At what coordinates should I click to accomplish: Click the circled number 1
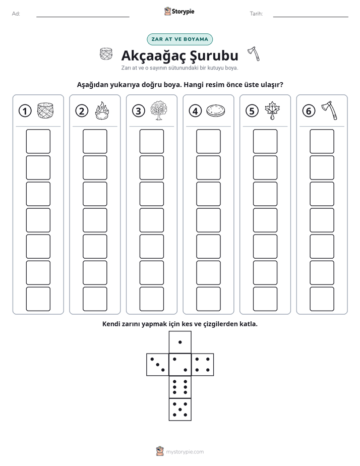(x=25, y=111)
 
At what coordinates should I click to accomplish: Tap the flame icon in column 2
(x=102, y=110)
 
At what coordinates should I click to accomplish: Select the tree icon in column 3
(x=159, y=110)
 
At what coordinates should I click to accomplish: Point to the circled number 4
(x=195, y=111)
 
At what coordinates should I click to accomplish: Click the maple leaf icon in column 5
(x=272, y=110)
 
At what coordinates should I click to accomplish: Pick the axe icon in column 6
(x=329, y=110)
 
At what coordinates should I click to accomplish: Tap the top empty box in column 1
(x=38, y=141)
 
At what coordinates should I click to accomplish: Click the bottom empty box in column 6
(x=322, y=299)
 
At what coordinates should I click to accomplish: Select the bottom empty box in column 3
(x=152, y=299)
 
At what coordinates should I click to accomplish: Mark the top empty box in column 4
(x=209, y=141)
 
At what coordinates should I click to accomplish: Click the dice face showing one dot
(x=180, y=342)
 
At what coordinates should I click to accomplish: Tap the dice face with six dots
(x=180, y=387)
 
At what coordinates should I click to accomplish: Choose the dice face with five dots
(x=180, y=409)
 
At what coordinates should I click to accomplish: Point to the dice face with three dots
(x=158, y=365)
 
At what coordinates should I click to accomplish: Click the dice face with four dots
(x=203, y=365)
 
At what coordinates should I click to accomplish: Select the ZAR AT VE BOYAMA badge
(x=179, y=39)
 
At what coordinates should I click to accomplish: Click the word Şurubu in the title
(x=214, y=55)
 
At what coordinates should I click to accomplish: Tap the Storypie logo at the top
(x=179, y=12)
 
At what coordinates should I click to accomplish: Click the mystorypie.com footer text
(x=185, y=452)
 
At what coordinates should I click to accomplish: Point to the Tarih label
(x=256, y=14)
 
